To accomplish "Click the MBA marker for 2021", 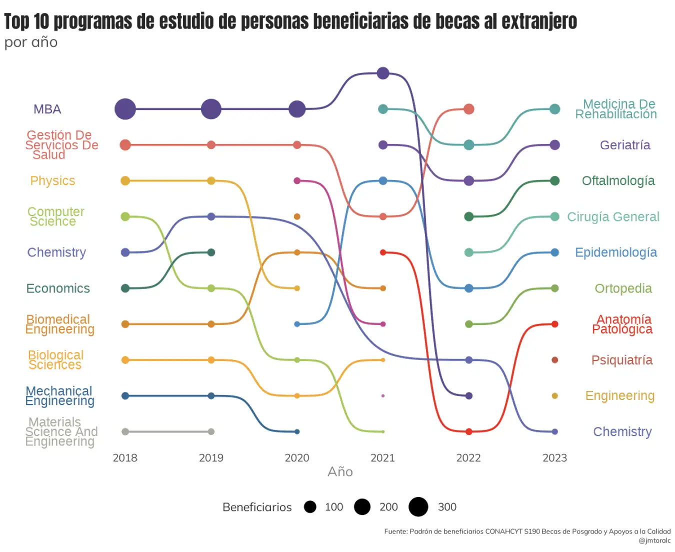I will point(383,73).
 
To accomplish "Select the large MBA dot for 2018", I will point(125,109).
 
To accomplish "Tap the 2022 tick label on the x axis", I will point(468,457).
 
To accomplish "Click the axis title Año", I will point(340,471).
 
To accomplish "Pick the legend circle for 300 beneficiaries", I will point(418,506).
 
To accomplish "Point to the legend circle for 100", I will point(310,507).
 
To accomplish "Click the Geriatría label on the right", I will point(625,145).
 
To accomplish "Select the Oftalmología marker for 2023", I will point(554,181).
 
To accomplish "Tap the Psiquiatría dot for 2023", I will point(554,360).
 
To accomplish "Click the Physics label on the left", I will point(52,180).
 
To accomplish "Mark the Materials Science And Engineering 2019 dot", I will point(211,431).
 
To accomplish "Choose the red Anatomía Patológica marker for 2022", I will point(468,431).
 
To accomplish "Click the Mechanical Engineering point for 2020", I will point(297,431).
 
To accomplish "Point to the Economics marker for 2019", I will point(211,252).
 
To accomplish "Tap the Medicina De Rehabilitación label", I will point(616,109).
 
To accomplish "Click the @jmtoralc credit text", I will point(654,540).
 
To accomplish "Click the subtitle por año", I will point(31,42).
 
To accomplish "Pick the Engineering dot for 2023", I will point(554,396).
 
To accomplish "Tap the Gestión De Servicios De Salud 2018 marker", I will point(125,145).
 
